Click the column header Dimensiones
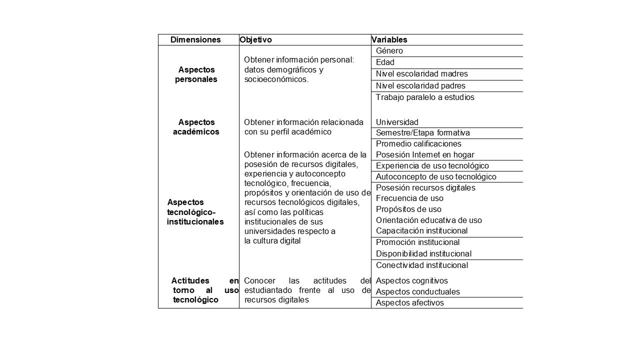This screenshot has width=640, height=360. pyautogui.click(x=195, y=40)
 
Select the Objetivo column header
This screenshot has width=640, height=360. pyautogui.click(x=255, y=40)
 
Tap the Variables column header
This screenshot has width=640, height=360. pyautogui.click(x=389, y=40)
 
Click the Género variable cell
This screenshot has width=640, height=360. pyautogui.click(x=389, y=51)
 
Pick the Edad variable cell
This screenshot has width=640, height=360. pyautogui.click(x=385, y=62)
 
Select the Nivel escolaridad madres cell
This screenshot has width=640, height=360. pyautogui.click(x=422, y=74)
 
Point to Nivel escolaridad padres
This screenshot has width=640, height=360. pyautogui.click(x=420, y=86)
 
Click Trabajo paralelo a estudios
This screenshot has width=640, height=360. pyautogui.click(x=425, y=97)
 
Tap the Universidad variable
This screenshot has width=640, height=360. pyautogui.click(x=397, y=122)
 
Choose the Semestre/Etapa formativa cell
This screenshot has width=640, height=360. pyautogui.click(x=423, y=133)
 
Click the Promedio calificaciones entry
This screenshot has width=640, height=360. pyautogui.click(x=418, y=144)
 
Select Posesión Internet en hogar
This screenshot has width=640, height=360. pyautogui.click(x=425, y=155)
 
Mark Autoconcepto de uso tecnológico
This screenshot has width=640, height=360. pyautogui.click(x=436, y=177)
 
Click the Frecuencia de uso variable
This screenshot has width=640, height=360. pyautogui.click(x=409, y=198)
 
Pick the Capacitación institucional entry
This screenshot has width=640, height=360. pyautogui.click(x=421, y=231)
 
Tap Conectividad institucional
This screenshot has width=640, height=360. pyautogui.click(x=422, y=265)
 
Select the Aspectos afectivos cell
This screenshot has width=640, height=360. pyautogui.click(x=409, y=303)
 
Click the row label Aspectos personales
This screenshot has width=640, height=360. pyautogui.click(x=196, y=74)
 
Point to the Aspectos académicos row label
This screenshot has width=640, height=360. pyautogui.click(x=196, y=127)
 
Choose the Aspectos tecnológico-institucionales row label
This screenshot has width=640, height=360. pyautogui.click(x=195, y=212)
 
